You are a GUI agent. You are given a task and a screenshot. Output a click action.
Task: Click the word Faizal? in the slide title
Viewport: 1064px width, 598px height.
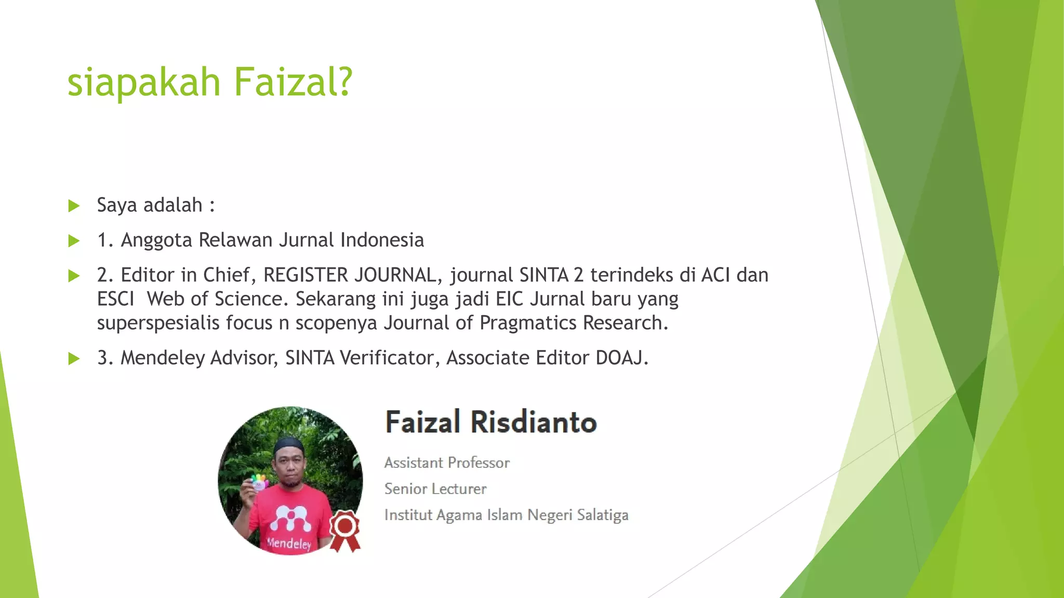coord(293,82)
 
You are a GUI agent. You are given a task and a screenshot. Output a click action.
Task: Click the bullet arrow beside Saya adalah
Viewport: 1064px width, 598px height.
coord(74,206)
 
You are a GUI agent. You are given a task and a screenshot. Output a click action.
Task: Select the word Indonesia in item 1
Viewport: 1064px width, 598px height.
coord(382,240)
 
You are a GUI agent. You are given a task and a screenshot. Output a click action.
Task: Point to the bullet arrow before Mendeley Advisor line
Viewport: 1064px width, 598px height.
coord(74,359)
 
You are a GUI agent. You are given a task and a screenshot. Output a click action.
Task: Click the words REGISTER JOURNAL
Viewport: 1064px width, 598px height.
coord(349,275)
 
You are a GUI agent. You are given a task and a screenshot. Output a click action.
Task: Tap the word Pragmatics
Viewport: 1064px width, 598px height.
coord(528,323)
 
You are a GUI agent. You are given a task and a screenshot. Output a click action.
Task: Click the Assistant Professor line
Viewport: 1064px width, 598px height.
coord(447,463)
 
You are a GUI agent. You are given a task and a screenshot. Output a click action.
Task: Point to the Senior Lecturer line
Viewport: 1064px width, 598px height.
coord(435,488)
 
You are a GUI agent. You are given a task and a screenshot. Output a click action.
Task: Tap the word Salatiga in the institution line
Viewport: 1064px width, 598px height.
coord(603,515)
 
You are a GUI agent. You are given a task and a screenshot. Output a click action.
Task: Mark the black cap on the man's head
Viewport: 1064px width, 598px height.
coord(289,445)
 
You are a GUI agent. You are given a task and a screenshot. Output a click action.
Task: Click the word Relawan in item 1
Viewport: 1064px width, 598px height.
coord(235,240)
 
